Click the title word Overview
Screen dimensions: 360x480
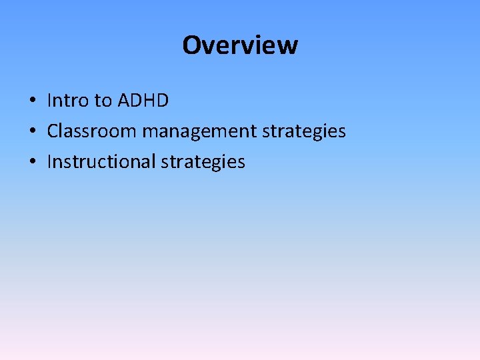pyautogui.click(x=240, y=45)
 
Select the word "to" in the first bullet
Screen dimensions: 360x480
pyautogui.click(x=103, y=101)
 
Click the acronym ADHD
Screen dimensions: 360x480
pyautogui.click(x=143, y=101)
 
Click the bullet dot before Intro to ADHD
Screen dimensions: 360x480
pyautogui.click(x=32, y=101)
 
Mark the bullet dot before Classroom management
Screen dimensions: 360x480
pyautogui.click(x=32, y=132)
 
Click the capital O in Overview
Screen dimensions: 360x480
pyautogui.click(x=191, y=45)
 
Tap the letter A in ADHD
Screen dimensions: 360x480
pyautogui.click(x=124, y=101)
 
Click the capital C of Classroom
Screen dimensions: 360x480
pyautogui.click(x=53, y=131)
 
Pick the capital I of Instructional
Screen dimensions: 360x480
pyautogui.click(x=50, y=162)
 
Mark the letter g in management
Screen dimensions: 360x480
pyautogui.click(x=199, y=134)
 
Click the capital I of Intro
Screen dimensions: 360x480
pyautogui.click(x=50, y=101)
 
